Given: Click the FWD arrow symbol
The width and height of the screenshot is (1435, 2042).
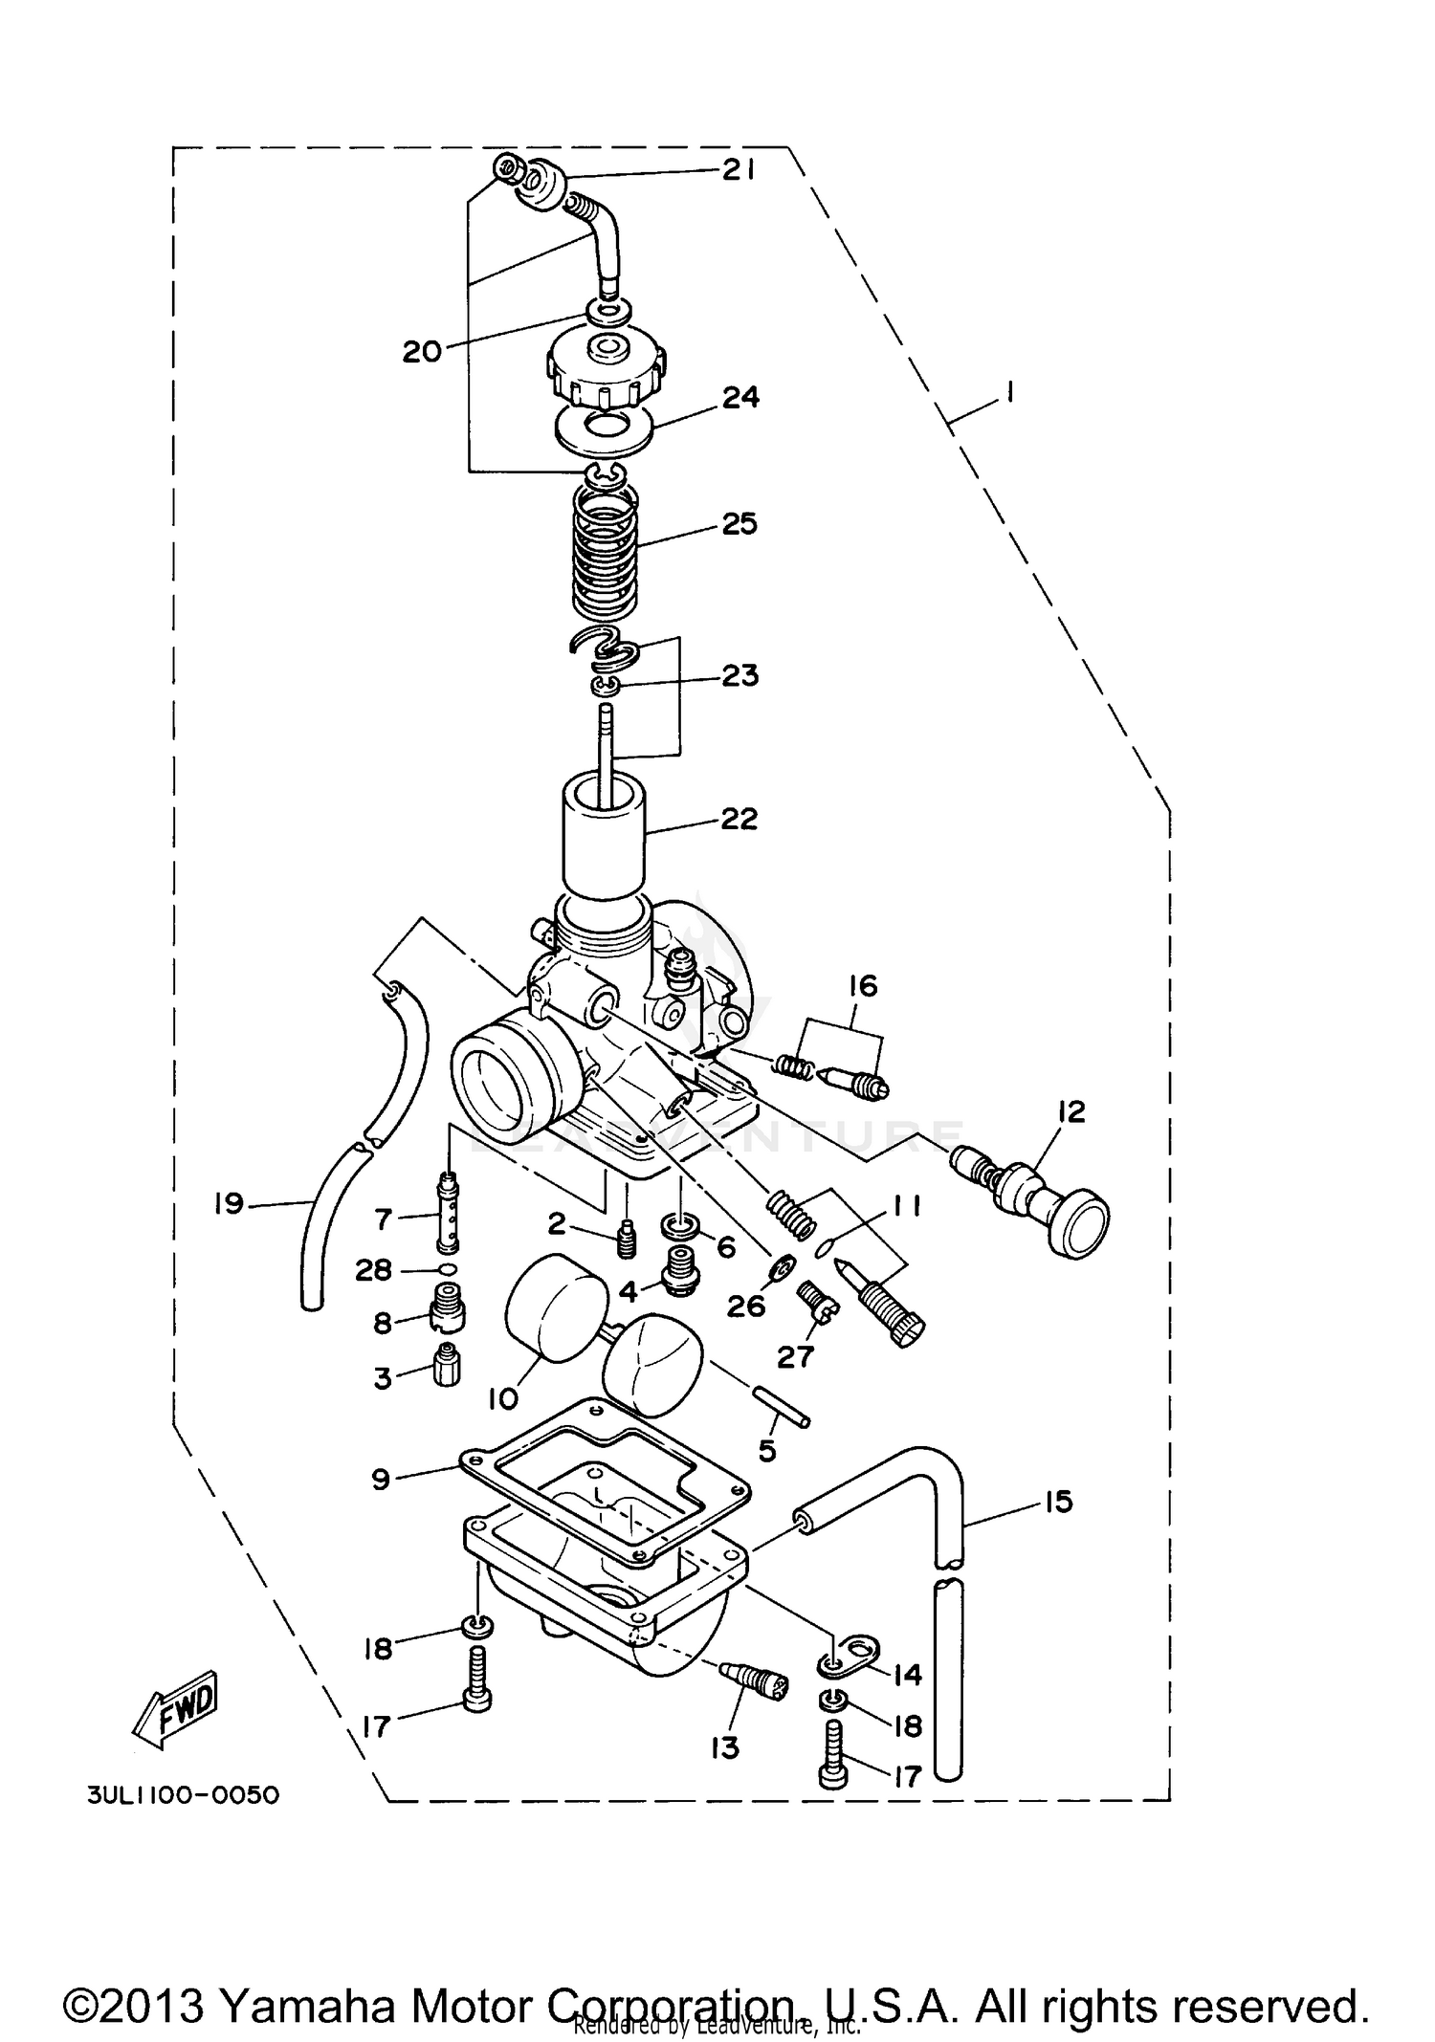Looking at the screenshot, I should [x=178, y=1709].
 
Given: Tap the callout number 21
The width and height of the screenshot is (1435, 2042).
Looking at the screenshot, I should [x=739, y=170].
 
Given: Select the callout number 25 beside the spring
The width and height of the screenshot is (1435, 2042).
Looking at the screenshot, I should [x=739, y=524].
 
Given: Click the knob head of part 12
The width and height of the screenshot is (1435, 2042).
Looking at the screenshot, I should [x=1077, y=1224].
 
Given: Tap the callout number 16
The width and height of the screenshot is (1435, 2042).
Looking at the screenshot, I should [x=863, y=986].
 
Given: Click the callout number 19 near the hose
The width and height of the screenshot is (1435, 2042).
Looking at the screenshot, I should [x=229, y=1203].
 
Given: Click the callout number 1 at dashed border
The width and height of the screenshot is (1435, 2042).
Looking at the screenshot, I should [x=1010, y=393].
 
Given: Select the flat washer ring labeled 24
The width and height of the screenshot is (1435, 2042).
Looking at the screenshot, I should [x=605, y=429].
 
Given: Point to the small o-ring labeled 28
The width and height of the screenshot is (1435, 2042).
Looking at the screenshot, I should [x=447, y=1269].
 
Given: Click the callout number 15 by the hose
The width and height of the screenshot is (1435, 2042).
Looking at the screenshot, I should [x=1058, y=1502].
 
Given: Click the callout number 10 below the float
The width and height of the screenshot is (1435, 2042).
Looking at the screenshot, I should [x=502, y=1397].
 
